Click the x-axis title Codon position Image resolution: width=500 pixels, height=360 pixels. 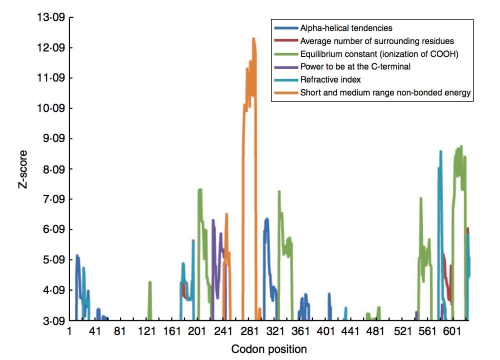tap(269, 348)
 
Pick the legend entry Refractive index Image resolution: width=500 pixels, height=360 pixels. tap(330, 79)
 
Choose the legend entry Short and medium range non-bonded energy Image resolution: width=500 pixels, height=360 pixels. tap(385, 92)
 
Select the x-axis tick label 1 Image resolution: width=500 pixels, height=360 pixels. tap(70, 331)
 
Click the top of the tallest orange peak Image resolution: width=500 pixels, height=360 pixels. tap(253, 38)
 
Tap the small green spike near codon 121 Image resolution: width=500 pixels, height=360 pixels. tap(149, 282)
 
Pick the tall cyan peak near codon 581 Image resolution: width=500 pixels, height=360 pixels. tap(440, 151)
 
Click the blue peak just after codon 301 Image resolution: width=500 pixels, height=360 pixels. tap(266, 219)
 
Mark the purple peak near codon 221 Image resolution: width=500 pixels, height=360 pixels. tap(213, 220)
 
